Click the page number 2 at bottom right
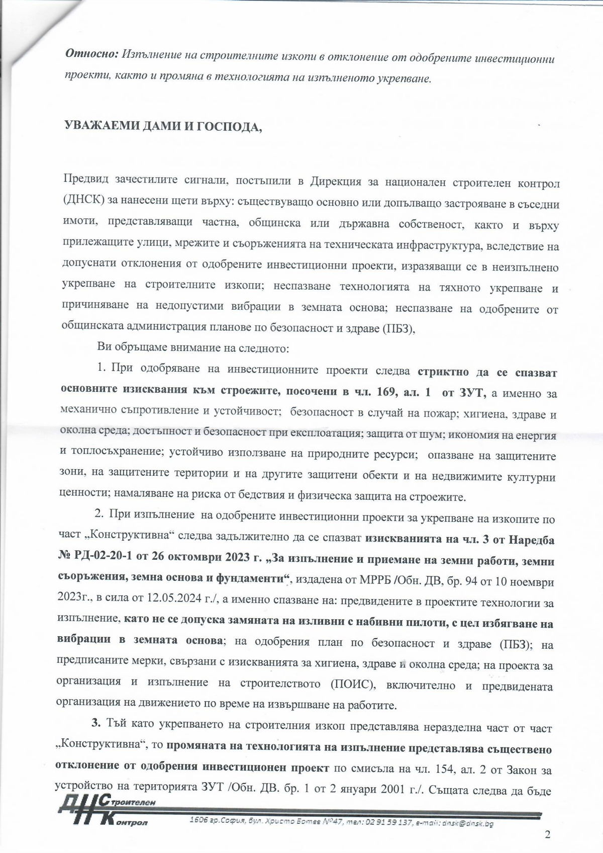click(548, 835)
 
